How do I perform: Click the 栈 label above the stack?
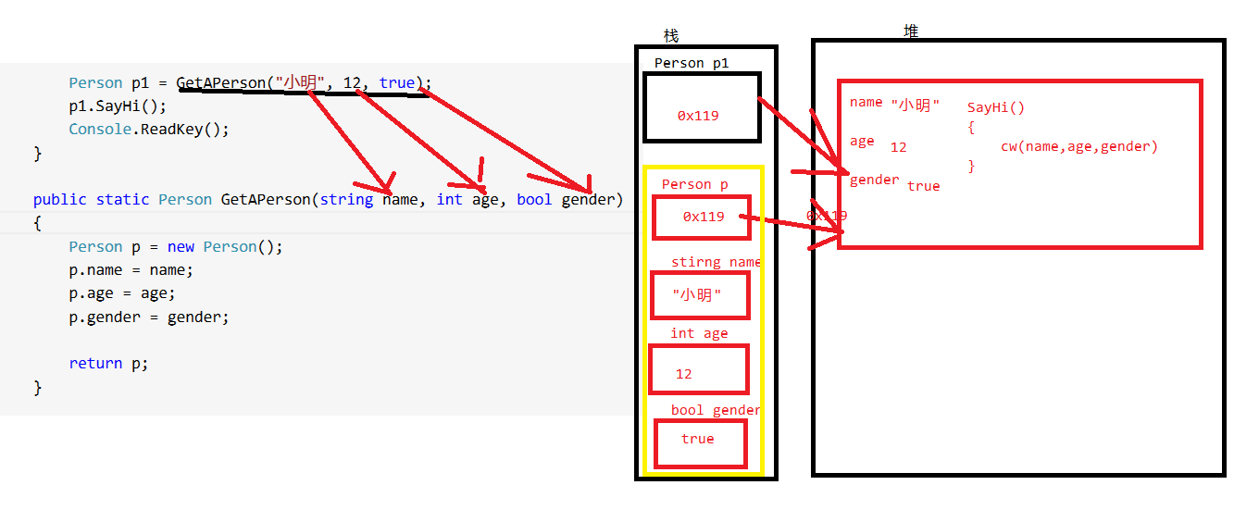671,36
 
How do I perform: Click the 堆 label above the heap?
911,31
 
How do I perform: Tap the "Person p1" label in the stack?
692,63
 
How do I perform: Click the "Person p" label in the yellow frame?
694,184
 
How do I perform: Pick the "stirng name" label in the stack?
716,262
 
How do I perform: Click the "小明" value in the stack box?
697,295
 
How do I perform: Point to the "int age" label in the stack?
699,333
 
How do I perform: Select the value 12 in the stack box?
683,374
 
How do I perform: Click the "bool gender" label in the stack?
716,410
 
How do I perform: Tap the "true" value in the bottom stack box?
697,439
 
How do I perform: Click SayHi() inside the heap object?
996,107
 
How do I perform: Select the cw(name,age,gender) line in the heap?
1078,146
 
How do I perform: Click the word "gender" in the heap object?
874,180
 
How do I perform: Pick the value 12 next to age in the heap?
898,147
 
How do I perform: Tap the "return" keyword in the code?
95,364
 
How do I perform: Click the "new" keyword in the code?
181,247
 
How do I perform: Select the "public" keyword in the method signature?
59,200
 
